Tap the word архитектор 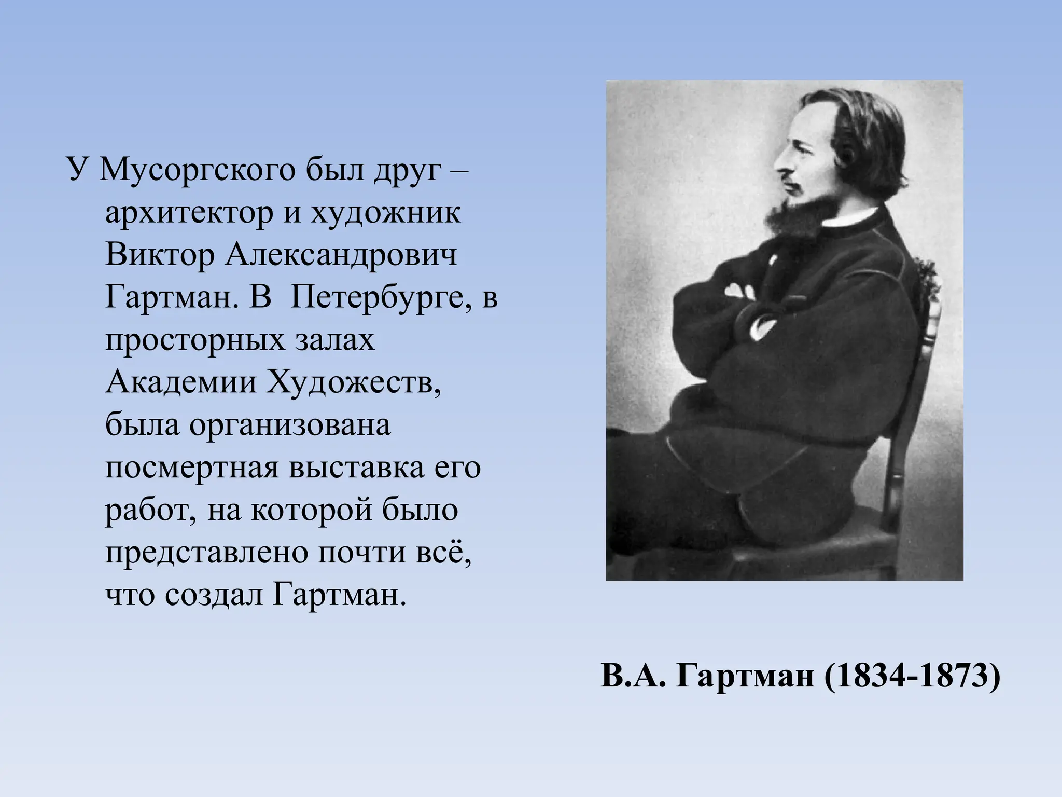point(189,213)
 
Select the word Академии point(181,383)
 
